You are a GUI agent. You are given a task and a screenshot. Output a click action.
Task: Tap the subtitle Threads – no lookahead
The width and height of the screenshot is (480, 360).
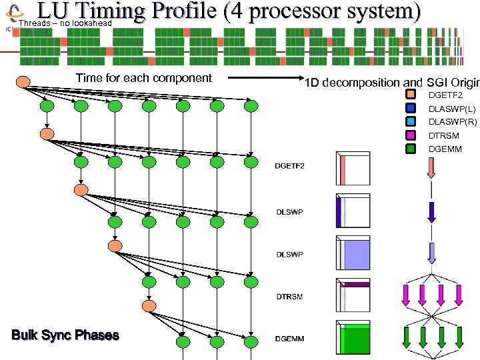tap(65, 24)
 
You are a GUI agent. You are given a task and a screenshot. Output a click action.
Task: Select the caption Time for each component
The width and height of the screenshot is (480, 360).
tap(143, 78)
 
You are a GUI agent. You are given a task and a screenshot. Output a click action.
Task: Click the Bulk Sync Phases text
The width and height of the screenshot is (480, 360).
tap(65, 335)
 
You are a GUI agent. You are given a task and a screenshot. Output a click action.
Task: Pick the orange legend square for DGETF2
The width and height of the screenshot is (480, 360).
tap(411, 95)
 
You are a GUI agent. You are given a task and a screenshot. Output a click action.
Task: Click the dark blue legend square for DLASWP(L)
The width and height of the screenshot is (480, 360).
tap(411, 109)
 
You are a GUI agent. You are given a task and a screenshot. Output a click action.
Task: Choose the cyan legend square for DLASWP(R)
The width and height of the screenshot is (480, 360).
tap(411, 122)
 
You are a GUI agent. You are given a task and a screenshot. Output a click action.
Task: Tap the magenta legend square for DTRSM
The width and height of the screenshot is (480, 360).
tap(411, 135)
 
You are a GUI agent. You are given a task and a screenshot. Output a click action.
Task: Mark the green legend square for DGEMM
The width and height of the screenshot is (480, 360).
tap(411, 149)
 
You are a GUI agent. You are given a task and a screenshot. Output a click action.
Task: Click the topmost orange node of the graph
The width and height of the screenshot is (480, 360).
tap(23, 82)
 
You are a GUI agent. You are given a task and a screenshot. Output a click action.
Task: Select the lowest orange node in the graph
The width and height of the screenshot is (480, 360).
tap(148, 305)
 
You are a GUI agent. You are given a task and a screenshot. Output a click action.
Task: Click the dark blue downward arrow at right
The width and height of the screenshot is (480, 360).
tap(431, 211)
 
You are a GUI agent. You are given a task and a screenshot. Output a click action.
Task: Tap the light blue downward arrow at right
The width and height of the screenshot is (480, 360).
tap(431, 253)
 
